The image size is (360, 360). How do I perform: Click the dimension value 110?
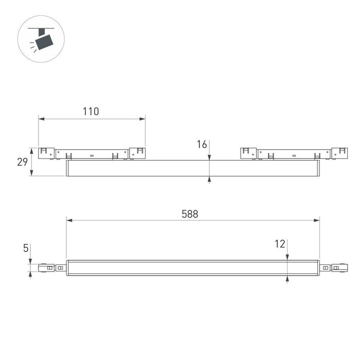coord(91,111)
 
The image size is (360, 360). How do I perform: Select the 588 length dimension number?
coord(189,213)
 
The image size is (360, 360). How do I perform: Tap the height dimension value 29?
coord(22,162)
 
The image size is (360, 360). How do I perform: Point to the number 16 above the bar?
coord(202,145)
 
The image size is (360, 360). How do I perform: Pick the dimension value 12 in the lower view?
coord(280,244)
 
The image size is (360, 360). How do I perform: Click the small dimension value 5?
coord(25,248)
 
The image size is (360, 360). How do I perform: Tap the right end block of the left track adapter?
coord(137,153)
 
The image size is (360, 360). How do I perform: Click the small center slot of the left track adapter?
coord(92,154)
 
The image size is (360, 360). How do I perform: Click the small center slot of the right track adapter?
coord(294,154)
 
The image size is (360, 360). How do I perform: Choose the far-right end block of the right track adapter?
coord(339,153)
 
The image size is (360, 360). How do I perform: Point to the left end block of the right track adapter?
coord(248,153)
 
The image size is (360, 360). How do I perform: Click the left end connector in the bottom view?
coord(47,267)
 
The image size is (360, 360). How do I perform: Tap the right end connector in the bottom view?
coord(338,267)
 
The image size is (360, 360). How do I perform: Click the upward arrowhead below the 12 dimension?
coord(287,278)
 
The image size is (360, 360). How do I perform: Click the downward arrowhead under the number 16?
coord(210,157)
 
